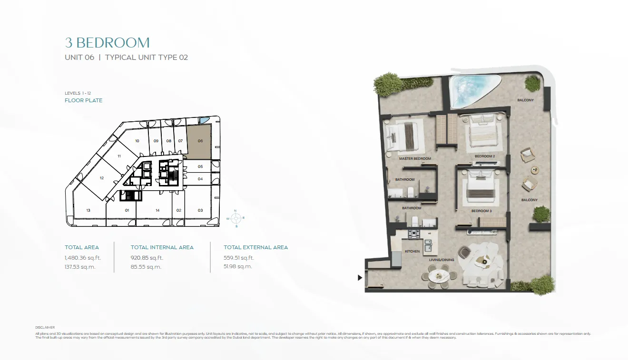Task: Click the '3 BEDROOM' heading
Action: point(107,43)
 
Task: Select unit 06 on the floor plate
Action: point(199,142)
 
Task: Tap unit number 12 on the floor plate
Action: point(102,178)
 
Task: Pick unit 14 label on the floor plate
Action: point(157,210)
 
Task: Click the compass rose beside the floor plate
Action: point(236,218)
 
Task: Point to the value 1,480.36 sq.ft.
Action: point(83,258)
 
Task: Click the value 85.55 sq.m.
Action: point(146,267)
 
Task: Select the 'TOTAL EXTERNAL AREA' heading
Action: point(255,247)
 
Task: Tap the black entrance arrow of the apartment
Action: point(360,278)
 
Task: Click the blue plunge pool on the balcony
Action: point(471,90)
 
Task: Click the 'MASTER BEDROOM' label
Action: point(415,158)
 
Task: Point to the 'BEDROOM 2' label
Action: point(485,156)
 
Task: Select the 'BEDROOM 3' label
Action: point(481,211)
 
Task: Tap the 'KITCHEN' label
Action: point(412,251)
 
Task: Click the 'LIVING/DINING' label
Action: point(442,260)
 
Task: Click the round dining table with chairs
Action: point(439,276)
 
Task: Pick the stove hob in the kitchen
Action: point(414,234)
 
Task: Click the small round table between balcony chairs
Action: point(535,170)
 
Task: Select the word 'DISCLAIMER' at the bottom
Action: point(45,327)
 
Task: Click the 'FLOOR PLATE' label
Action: point(84,100)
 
